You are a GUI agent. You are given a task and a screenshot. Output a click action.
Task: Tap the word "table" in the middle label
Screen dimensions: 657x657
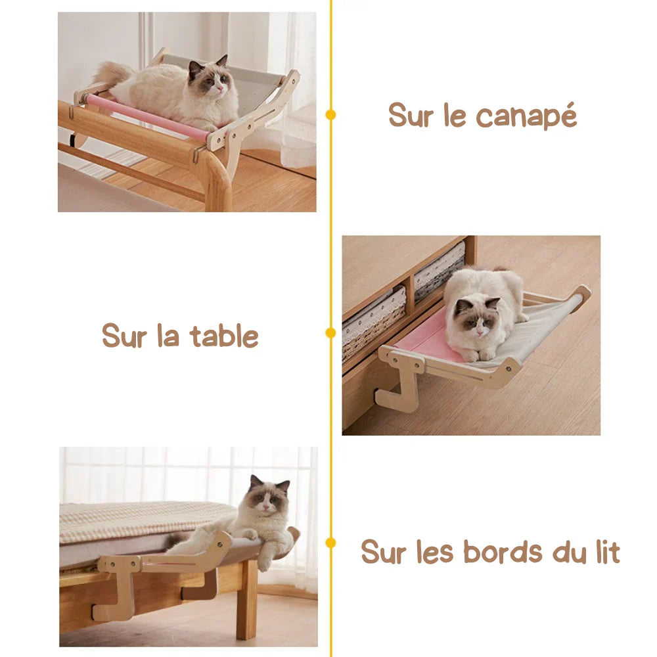tap(224, 336)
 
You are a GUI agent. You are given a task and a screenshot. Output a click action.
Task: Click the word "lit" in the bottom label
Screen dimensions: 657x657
tap(606, 552)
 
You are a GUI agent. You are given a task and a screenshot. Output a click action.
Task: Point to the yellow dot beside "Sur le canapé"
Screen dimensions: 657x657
tap(330, 114)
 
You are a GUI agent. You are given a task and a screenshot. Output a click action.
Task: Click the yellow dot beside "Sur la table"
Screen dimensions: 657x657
tap(330, 332)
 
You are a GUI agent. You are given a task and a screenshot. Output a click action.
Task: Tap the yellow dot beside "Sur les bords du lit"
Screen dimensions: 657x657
tap(330, 543)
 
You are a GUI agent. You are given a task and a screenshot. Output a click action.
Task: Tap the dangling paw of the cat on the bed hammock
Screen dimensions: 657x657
tap(264, 562)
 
